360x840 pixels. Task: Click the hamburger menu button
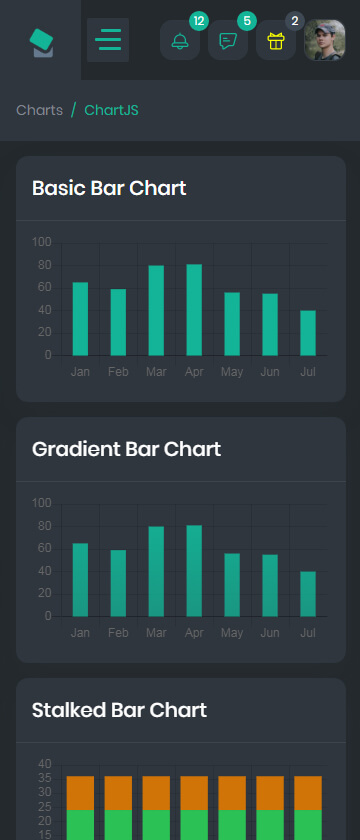coord(108,40)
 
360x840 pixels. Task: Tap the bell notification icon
coord(180,41)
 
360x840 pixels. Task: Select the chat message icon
coord(228,41)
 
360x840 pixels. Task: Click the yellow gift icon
coord(275,41)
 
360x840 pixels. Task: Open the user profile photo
coord(325,40)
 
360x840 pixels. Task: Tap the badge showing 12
coord(199,21)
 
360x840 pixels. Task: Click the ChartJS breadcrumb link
coord(111,110)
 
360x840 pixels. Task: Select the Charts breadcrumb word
coord(40,110)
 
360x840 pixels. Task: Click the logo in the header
coord(42,43)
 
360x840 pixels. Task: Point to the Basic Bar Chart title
coord(109,188)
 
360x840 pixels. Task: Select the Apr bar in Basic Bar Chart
coord(194,310)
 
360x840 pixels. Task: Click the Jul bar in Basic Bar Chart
coord(308,333)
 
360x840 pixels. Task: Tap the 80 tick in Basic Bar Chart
coord(41,265)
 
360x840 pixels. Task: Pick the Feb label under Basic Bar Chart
coord(118,372)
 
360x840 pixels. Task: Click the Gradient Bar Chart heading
coord(126,449)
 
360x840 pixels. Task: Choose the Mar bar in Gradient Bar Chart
coord(156,571)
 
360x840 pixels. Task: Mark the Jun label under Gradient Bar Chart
coord(270,633)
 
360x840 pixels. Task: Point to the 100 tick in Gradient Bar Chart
coord(41,504)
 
